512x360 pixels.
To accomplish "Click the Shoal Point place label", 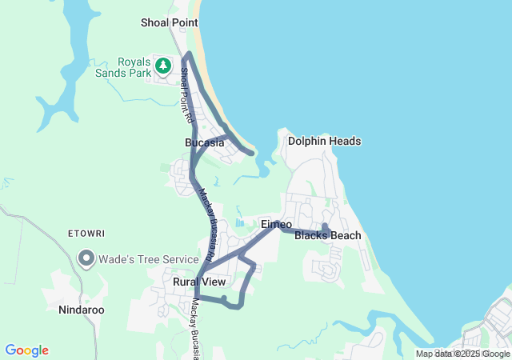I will tap(169, 22).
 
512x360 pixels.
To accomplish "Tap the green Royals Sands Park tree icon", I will tap(163, 64).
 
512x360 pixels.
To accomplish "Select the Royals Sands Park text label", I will tap(134, 67).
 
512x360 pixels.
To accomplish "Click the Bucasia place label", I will tap(204, 142).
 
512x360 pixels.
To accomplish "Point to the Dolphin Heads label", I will tap(324, 141).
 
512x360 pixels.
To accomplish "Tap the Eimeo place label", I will tap(276, 225).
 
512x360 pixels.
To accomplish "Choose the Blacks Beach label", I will tap(327, 235).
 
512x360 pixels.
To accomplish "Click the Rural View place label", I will tap(199, 282).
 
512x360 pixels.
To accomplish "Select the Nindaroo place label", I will tap(82, 309).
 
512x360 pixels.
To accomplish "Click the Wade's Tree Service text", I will tap(148, 259).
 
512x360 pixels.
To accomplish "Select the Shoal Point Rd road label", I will tap(186, 94).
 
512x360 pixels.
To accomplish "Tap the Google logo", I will tap(26, 350).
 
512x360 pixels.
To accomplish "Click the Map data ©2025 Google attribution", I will tap(462, 354).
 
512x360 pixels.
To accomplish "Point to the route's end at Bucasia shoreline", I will tap(252, 152).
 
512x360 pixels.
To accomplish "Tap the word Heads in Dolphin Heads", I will tap(345, 141).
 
